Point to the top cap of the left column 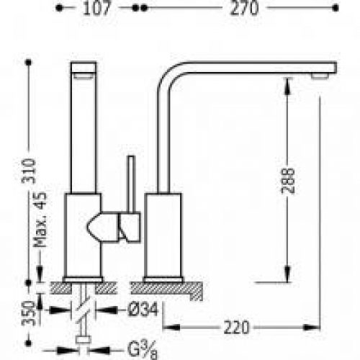[x=84, y=69]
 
